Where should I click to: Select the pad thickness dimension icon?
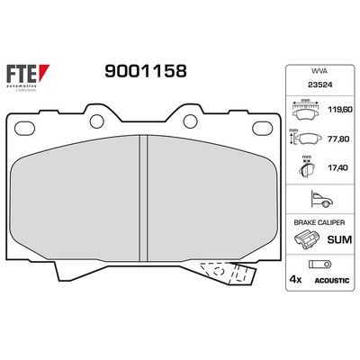307,167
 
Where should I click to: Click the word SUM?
338,238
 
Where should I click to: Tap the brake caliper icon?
306,238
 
